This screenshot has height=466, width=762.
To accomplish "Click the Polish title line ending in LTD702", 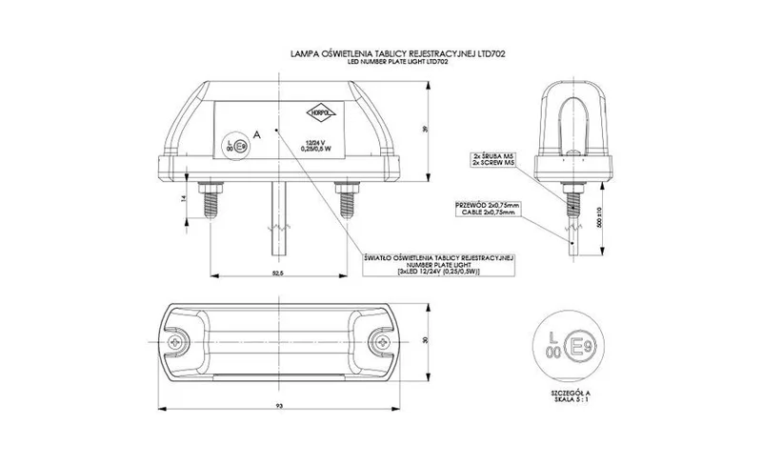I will (397, 56).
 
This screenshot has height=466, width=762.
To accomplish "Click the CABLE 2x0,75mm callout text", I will (489, 213).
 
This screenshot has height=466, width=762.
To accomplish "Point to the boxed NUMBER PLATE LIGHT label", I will (440, 264).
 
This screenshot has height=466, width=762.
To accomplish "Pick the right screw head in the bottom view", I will (381, 340).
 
